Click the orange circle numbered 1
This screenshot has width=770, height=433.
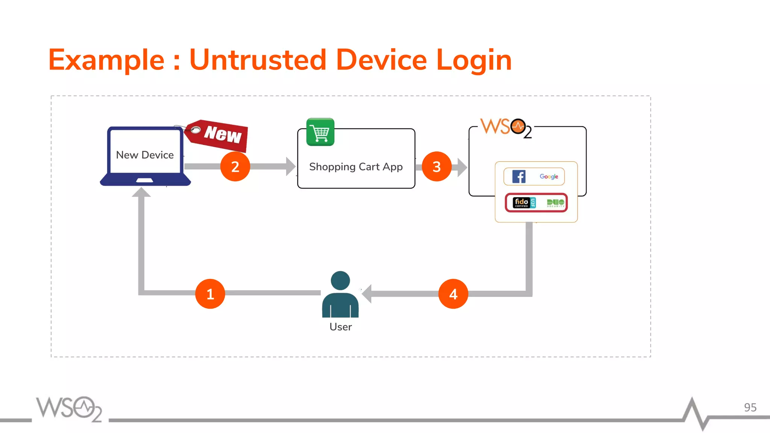coord(210,294)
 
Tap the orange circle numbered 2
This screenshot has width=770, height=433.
coord(235,167)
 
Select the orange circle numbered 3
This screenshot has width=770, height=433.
coord(437,167)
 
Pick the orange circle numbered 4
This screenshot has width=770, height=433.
coord(453,294)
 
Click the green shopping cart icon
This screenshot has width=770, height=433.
coord(320,132)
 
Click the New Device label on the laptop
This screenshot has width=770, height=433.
coord(145,155)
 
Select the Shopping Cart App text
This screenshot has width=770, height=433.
coord(356,167)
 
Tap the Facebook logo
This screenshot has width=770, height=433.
coord(519,176)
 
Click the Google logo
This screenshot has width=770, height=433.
coord(549,176)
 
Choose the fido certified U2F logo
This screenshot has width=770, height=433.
coord(524,203)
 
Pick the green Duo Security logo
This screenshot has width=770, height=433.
coord(555,203)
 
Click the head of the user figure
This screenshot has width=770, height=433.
coord(340,280)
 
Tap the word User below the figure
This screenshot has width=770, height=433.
coord(340,327)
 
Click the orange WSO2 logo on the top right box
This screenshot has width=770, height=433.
coord(506,127)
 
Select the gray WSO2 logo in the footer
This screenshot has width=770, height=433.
coord(69,409)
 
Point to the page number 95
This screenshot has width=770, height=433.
coord(750,407)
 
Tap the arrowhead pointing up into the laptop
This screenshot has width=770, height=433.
coord(141,192)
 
